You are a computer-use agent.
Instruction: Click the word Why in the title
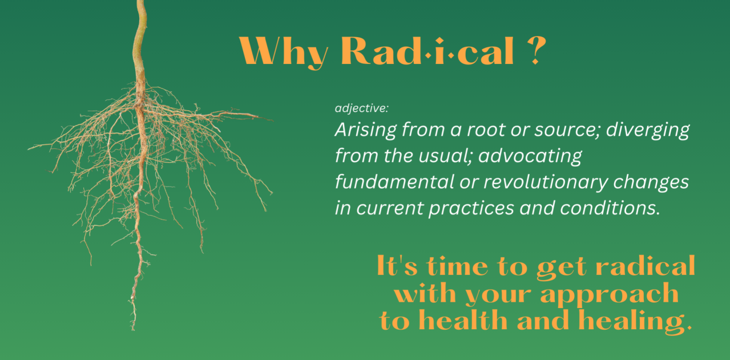coord(283,51)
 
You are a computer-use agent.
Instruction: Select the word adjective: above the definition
coord(362,108)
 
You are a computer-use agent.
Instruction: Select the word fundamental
coord(394,181)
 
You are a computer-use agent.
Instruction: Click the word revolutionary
coord(546,183)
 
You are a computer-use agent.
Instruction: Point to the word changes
coord(651,183)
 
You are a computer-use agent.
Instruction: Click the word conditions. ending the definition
coord(610,208)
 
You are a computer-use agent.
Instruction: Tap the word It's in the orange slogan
coord(397,266)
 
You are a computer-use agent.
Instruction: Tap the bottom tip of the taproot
coord(133,330)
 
